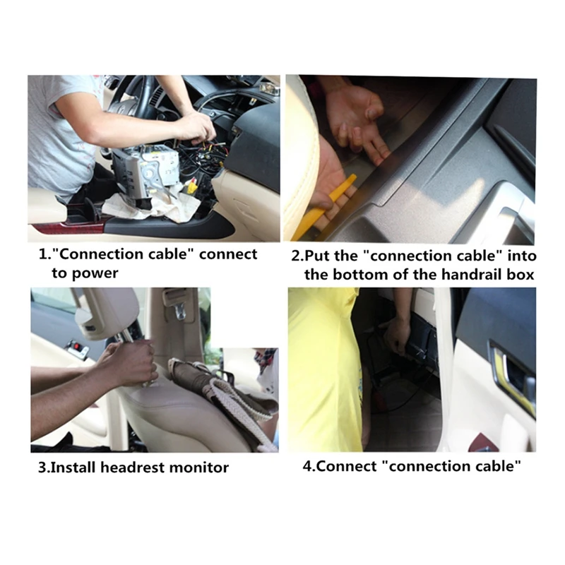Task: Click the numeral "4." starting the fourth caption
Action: [x=309, y=466]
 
